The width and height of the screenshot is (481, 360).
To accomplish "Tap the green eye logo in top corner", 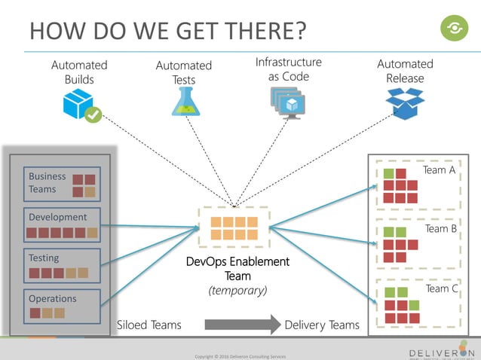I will coord(454,29).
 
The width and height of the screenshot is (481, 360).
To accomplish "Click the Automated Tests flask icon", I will coord(185,102).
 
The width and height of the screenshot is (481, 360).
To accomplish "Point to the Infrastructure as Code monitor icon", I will coord(286,102).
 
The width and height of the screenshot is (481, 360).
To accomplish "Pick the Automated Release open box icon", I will coord(405,103).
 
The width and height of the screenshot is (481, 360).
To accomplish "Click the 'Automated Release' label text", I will coord(405,72).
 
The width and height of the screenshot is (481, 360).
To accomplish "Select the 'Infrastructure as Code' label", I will coord(288,69).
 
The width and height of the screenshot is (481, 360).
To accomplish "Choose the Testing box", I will coord(61,265).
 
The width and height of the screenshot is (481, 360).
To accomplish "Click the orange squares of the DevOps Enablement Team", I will coord(234,228).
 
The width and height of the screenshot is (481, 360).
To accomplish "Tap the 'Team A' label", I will coord(439,170).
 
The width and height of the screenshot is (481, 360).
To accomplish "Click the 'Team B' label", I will coord(441,228).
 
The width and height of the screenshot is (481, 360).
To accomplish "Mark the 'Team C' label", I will coord(442,288).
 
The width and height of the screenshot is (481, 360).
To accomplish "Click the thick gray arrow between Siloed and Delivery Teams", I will coord(240,325).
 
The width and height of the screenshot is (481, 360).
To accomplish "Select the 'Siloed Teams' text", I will coord(149,325).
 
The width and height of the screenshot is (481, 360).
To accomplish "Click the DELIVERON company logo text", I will coord(442,352).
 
